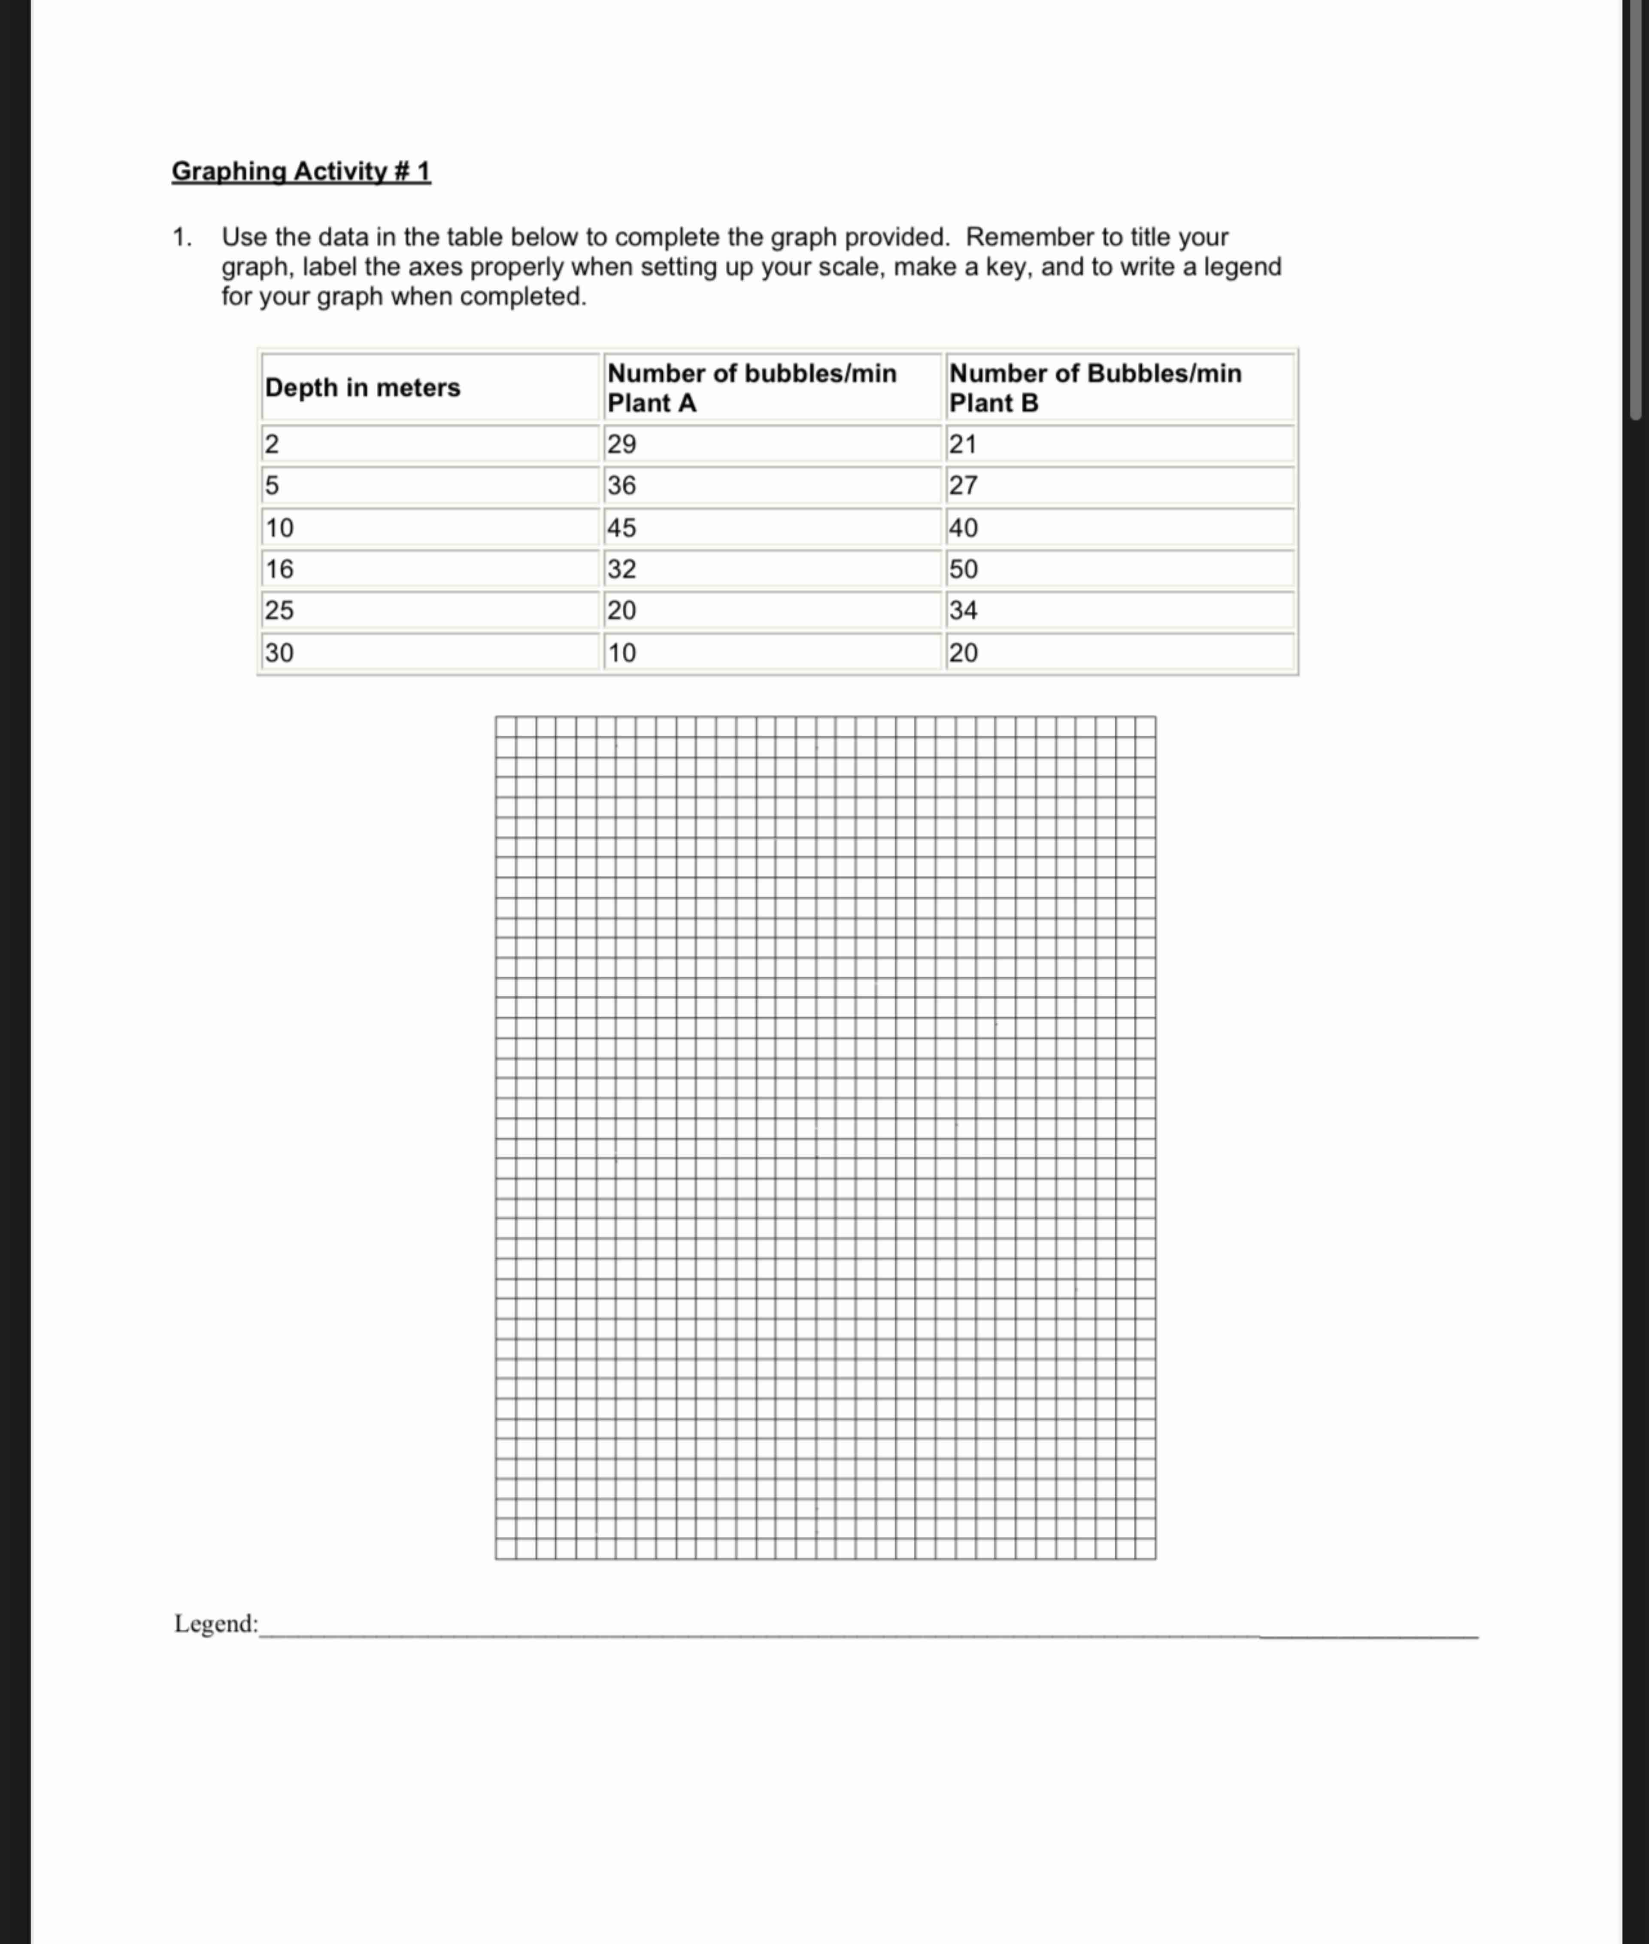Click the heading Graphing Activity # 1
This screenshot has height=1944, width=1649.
click(x=301, y=171)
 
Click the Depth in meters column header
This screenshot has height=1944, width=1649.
click(x=363, y=387)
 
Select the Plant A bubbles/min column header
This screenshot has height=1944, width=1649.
click(x=752, y=387)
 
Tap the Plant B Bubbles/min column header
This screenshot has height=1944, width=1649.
click(x=1094, y=387)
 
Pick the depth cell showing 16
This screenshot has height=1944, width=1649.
click(x=279, y=569)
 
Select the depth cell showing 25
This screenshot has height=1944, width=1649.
click(x=279, y=610)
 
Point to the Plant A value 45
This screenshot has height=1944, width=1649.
click(x=621, y=527)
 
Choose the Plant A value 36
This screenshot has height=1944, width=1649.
click(x=621, y=485)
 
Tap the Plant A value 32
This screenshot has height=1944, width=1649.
click(x=621, y=569)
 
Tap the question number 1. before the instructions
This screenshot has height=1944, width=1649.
click(x=182, y=237)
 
